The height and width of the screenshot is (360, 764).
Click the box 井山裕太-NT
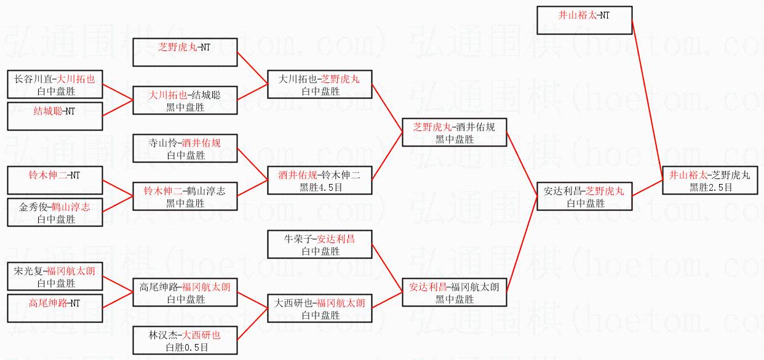click(x=584, y=20)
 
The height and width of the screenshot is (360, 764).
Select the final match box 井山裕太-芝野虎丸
click(x=710, y=181)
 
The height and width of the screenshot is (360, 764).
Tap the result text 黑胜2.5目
click(x=710, y=188)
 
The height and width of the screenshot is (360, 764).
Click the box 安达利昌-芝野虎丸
click(x=584, y=196)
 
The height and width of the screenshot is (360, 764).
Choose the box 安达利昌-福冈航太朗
click(x=453, y=292)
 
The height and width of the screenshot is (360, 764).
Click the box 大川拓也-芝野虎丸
click(x=319, y=85)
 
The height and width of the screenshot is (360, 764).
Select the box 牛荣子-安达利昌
click(x=319, y=244)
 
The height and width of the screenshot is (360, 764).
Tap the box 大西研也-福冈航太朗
click(x=319, y=308)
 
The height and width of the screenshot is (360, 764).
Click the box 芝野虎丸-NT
click(x=185, y=52)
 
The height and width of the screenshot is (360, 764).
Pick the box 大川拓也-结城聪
click(x=185, y=101)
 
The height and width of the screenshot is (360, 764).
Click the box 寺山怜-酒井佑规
click(x=185, y=149)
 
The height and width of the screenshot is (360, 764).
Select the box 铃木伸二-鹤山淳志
click(x=185, y=196)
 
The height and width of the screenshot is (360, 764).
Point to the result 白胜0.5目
click(x=185, y=348)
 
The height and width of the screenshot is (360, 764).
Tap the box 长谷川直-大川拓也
click(x=55, y=85)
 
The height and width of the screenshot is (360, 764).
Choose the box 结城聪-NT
click(x=55, y=116)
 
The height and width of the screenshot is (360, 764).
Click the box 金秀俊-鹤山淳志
click(x=55, y=212)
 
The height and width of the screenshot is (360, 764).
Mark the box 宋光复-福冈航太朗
click(x=55, y=276)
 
